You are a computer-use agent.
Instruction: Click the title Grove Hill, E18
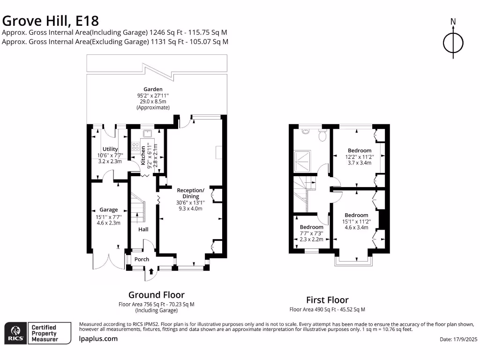tap(51, 21)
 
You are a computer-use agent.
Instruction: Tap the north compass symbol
tap(453, 43)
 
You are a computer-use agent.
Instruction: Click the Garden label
tap(153, 89)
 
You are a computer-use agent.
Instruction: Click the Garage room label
tap(109, 210)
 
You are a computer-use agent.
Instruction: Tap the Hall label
tap(143, 229)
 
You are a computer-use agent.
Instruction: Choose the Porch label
tap(142, 259)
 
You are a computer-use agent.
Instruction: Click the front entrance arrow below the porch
tap(151, 271)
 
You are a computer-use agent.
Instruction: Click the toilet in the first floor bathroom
tap(322, 135)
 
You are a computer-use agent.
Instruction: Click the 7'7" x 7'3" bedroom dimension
tap(311, 233)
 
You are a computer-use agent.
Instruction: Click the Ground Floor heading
tap(156, 295)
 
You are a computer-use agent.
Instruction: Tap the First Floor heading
tap(327, 300)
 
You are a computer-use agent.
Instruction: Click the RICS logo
tap(15, 333)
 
